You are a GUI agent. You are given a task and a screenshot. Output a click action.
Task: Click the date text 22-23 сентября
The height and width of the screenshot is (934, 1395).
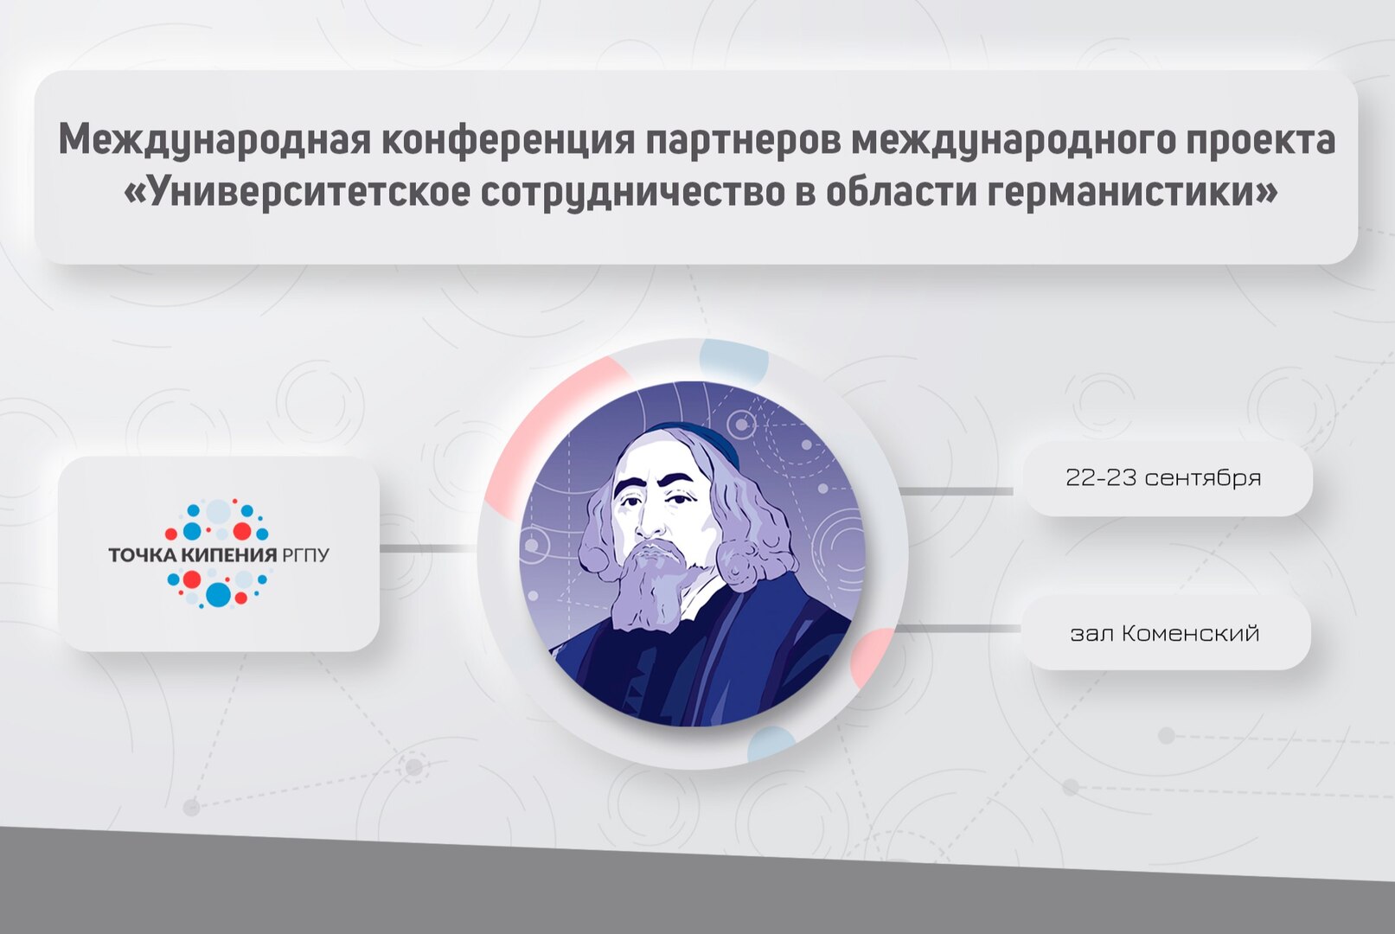click(1163, 477)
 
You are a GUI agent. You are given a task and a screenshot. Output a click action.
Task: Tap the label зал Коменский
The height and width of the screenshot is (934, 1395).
click(1164, 633)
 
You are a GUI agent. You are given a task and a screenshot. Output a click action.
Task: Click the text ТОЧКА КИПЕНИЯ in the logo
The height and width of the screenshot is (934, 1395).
click(192, 554)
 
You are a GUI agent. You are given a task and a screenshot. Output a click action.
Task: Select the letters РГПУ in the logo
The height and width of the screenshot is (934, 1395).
click(305, 554)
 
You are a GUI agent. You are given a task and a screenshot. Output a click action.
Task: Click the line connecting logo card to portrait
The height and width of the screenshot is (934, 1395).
click(428, 548)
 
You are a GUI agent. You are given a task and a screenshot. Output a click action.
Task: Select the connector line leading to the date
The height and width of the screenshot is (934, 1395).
click(957, 491)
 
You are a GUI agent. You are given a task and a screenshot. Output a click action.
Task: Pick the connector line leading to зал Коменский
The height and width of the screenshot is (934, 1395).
click(957, 629)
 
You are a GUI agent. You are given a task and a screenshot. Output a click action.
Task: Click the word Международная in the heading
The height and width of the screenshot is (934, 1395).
click(213, 140)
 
